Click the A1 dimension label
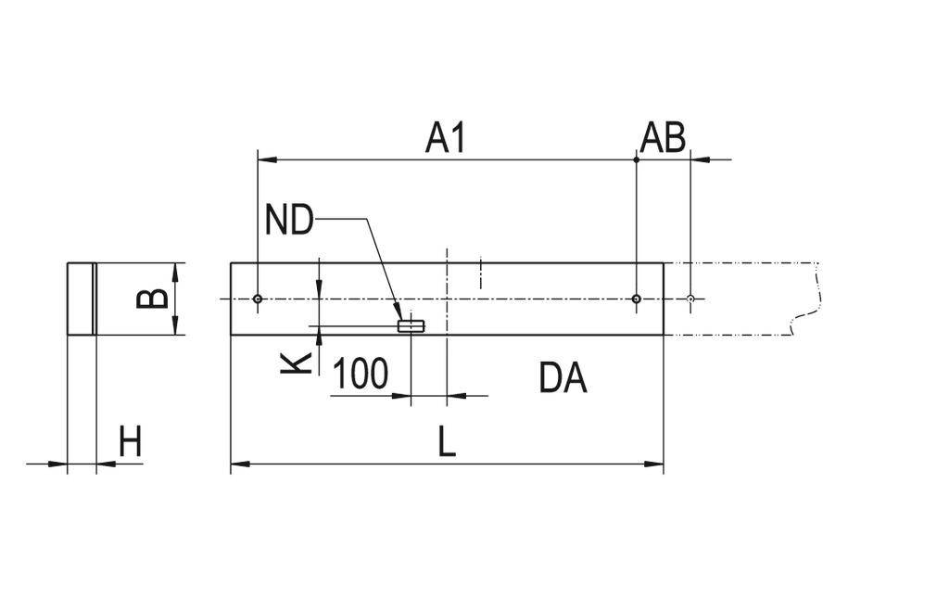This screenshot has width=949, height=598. [x=445, y=138]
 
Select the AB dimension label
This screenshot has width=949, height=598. [x=663, y=138]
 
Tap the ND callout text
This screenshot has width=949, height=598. [x=288, y=222]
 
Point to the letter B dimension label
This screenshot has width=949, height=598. [x=153, y=298]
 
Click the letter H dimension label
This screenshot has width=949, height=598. [x=130, y=442]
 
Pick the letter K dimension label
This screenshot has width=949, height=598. [x=296, y=361]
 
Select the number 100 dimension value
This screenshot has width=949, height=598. [x=360, y=375]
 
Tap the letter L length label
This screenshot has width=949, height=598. [x=447, y=442]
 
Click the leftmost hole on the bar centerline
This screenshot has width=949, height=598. [x=258, y=299]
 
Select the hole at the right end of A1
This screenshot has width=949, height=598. [x=636, y=299]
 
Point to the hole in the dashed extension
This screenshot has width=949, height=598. [x=690, y=299]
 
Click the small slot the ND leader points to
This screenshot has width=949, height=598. [x=410, y=325]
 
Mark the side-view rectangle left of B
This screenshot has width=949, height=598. [x=82, y=299]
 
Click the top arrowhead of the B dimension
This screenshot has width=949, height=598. [x=175, y=270]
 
